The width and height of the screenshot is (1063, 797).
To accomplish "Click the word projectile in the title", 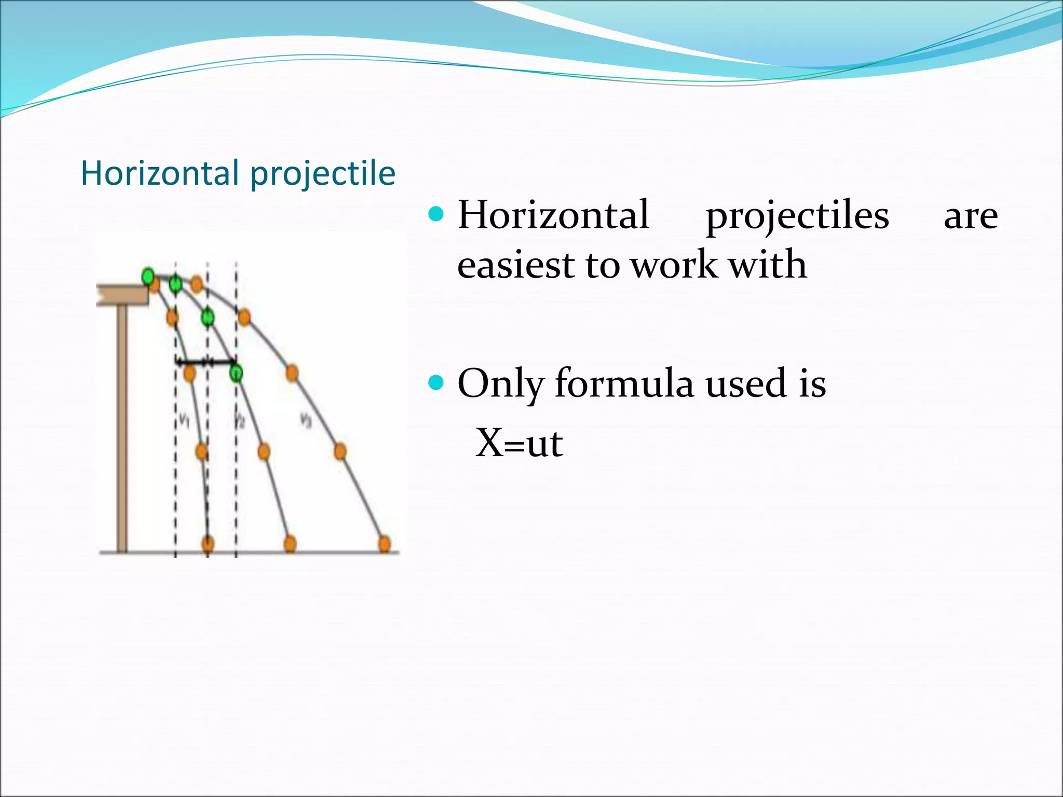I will (323, 174).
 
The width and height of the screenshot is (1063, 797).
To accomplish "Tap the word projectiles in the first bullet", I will (797, 216).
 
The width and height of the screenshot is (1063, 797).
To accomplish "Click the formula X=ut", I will (519, 443).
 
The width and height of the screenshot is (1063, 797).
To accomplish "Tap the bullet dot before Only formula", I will (437, 383).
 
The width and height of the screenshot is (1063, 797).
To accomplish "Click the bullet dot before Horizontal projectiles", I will (437, 214).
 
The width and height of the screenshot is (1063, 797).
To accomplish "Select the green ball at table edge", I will (148, 276).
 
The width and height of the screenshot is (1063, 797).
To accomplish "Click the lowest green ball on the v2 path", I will (236, 373).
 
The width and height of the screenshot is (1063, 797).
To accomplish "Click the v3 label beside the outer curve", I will (306, 419).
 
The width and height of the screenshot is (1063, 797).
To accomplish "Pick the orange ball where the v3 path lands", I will (384, 544).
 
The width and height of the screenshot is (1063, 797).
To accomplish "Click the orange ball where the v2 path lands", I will (290, 544).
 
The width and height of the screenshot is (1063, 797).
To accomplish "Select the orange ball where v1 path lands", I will (208, 544).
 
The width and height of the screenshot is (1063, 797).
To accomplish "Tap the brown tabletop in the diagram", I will (122, 295).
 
